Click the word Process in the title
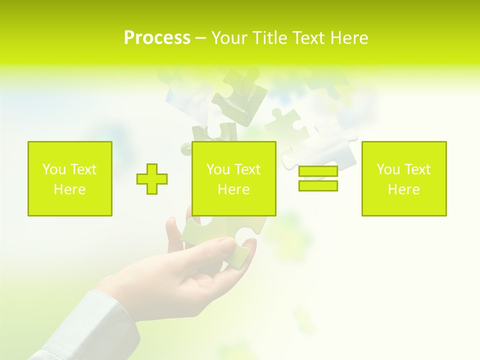click(x=157, y=38)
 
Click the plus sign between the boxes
click(x=152, y=179)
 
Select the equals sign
click(x=318, y=178)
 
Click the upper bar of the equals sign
click(x=318, y=171)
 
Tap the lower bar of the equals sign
click(x=318, y=185)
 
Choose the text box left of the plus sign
click(x=69, y=178)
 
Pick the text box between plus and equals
click(x=233, y=178)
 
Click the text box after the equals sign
click(x=403, y=178)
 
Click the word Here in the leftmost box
click(x=69, y=189)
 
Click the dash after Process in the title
click(x=200, y=38)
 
